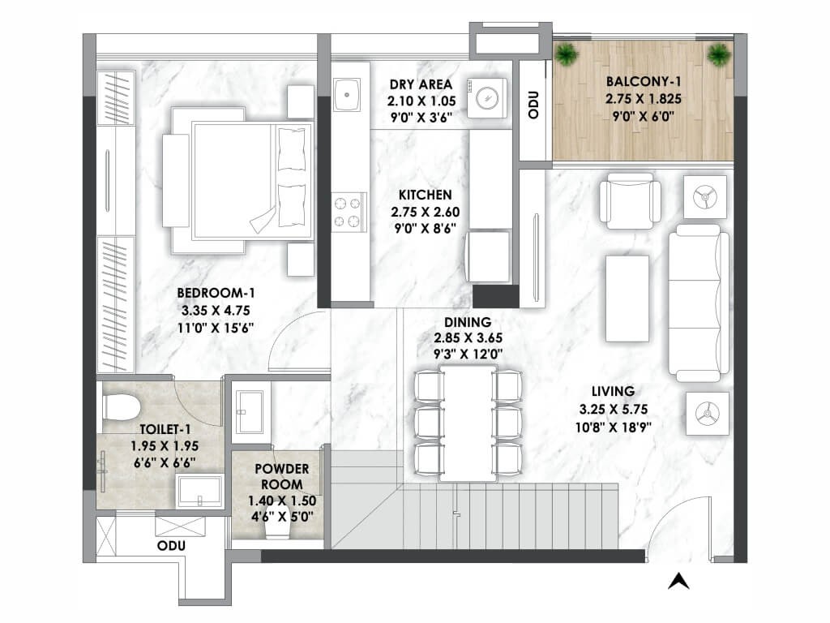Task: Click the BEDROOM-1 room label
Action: coord(216,293)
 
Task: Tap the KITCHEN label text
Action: coord(425,195)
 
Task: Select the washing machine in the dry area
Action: coord(486,98)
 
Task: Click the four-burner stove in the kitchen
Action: coord(348,212)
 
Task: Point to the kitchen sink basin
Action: coord(347,95)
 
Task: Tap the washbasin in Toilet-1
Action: coord(199,492)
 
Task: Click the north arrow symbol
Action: coord(678,581)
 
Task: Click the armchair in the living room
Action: coord(630,201)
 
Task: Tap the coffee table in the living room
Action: coord(627,299)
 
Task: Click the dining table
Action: coord(468,423)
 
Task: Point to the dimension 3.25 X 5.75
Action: coord(613,410)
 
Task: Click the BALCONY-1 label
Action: coord(644,82)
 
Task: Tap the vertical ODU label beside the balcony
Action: coord(533,105)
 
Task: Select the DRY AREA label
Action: coord(421,84)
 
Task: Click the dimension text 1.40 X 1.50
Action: coord(282,501)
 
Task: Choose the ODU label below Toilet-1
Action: coord(172,546)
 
